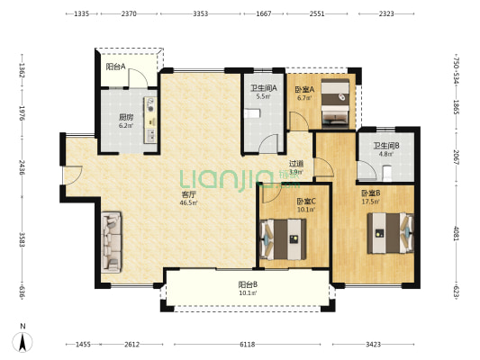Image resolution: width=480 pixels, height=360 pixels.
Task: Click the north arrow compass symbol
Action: tap(23, 342)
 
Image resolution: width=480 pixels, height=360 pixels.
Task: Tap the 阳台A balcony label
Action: tap(115, 67)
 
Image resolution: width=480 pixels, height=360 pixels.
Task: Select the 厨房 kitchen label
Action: tap(126, 117)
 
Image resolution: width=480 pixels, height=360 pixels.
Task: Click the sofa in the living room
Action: tap(112, 242)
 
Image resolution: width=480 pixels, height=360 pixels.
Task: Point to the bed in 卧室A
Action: tap(335, 103)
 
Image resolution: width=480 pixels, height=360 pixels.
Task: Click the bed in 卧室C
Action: tap(283, 239)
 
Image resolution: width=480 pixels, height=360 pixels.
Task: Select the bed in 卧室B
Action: tap(391, 233)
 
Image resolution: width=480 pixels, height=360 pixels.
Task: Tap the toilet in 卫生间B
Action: tap(387, 173)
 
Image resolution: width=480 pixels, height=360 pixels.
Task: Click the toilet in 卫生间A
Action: tap(252, 113)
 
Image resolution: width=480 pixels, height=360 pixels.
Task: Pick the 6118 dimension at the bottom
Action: tap(247, 345)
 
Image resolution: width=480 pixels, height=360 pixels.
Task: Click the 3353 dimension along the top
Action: tap(201, 13)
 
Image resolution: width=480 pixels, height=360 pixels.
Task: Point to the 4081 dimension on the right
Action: tap(457, 233)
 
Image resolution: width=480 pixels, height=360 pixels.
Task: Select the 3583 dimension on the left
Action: tap(22, 239)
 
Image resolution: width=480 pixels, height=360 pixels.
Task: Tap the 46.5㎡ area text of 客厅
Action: tap(188, 202)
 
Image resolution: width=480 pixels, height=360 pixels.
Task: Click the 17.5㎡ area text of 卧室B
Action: tap(371, 202)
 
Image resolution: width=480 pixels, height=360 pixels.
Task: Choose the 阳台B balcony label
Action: tap(248, 284)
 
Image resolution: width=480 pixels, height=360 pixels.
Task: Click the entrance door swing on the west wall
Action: tap(73, 175)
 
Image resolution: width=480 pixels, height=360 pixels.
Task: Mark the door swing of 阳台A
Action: tap(138, 78)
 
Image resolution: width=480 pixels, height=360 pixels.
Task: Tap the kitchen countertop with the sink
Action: tap(150, 121)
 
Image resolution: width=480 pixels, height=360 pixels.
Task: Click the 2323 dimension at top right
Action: tap(386, 13)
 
